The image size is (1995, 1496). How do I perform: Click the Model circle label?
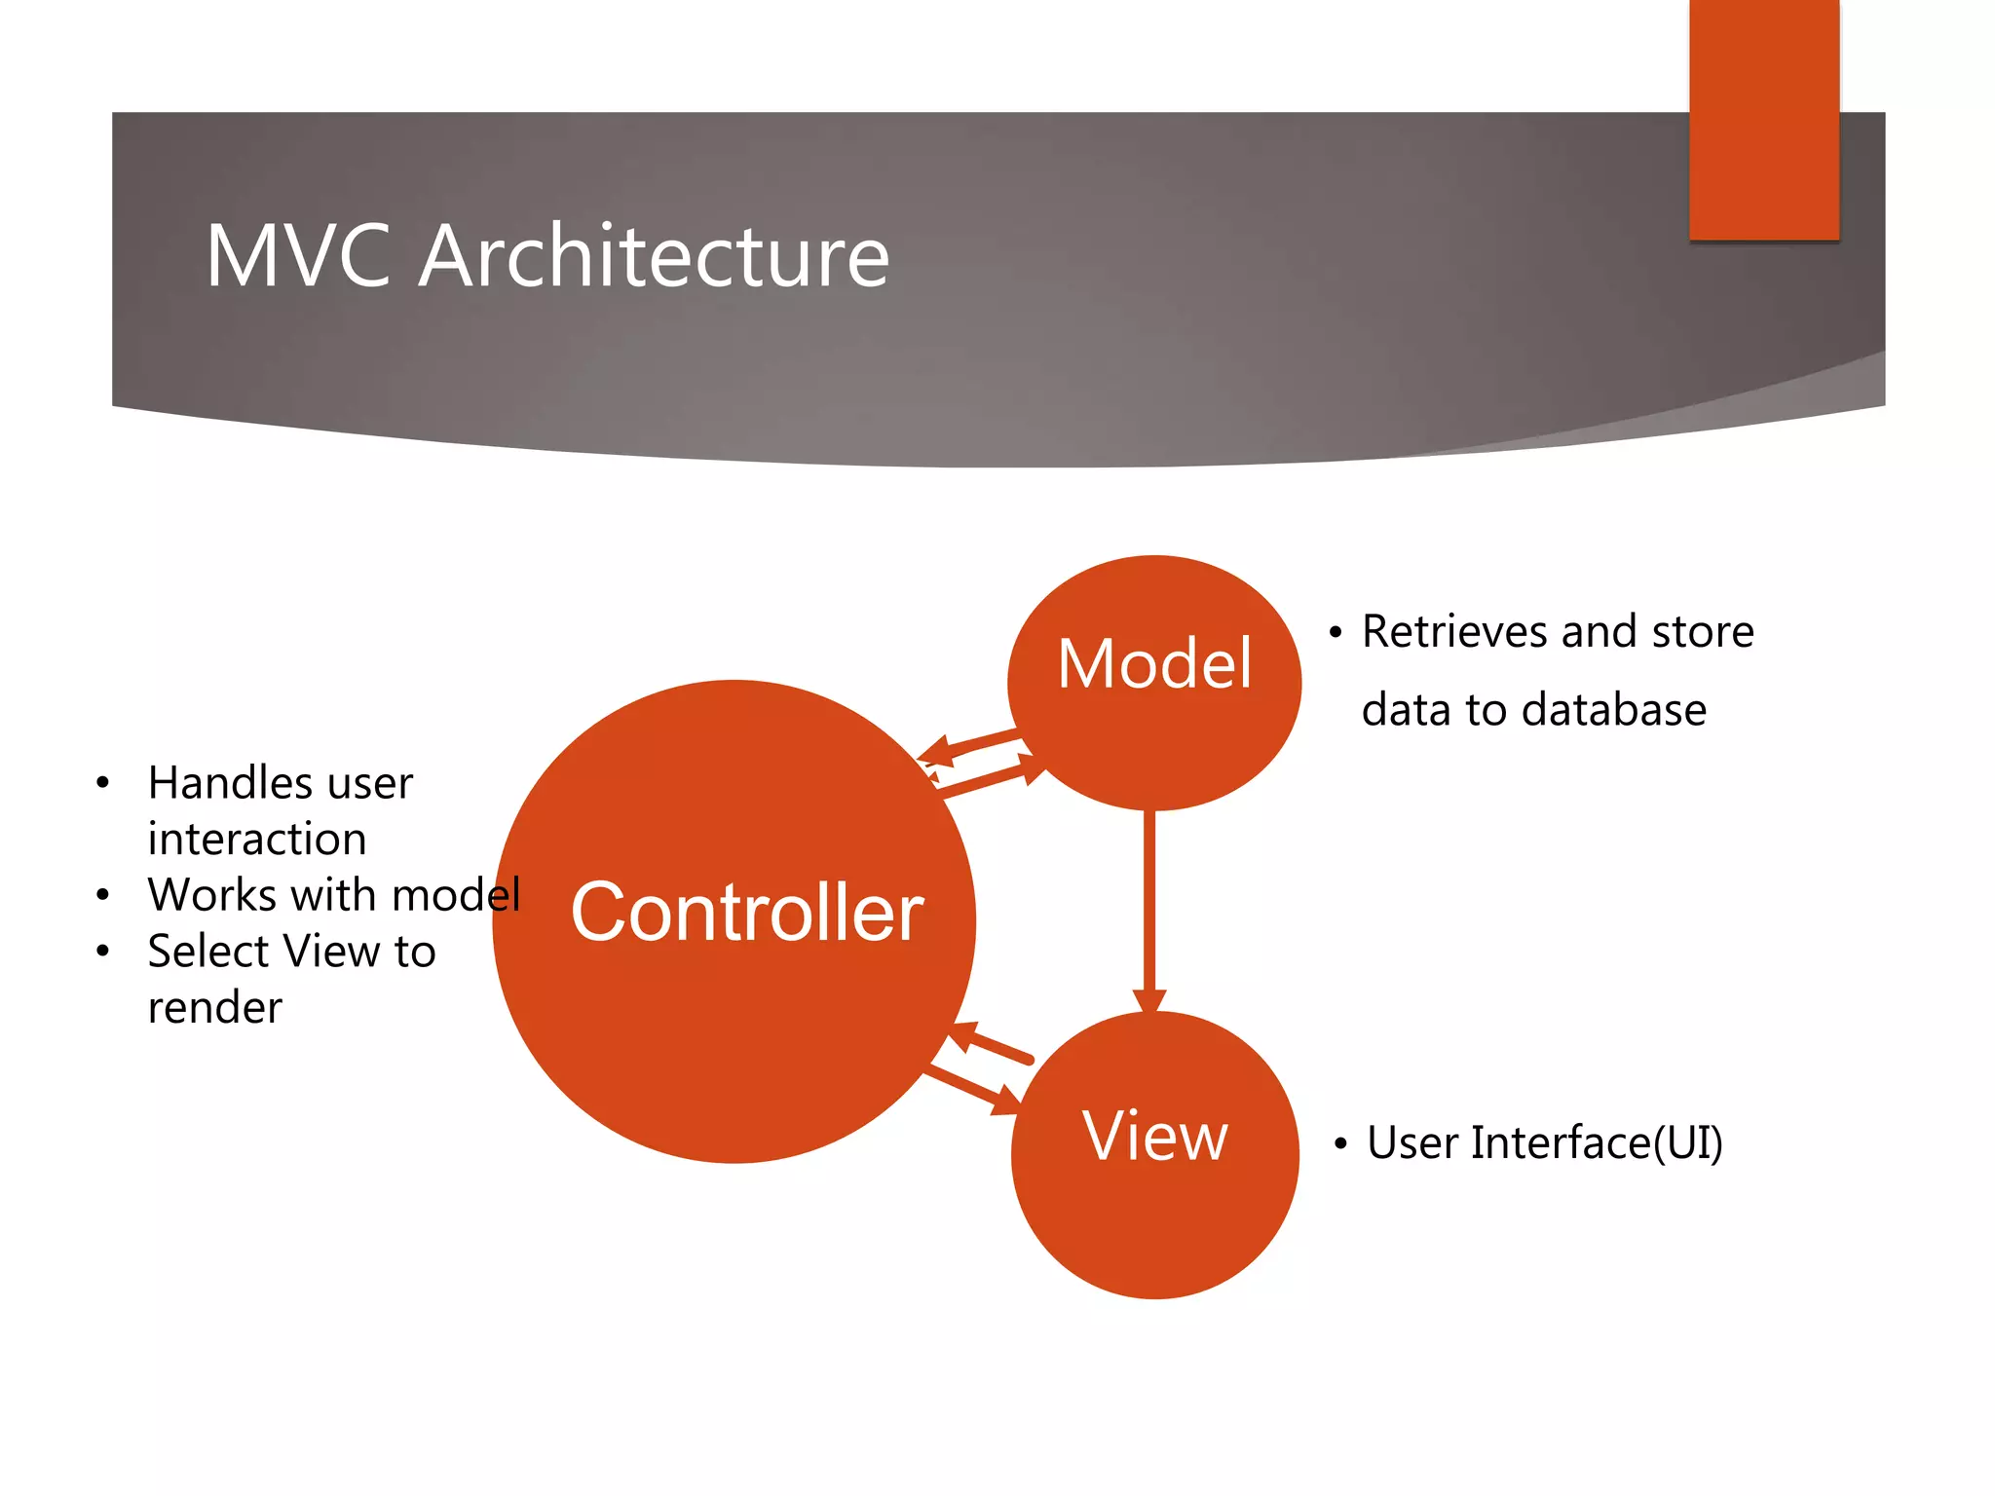[1154, 664]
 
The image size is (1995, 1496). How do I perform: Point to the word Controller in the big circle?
[746, 913]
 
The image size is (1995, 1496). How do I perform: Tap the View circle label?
[1154, 1136]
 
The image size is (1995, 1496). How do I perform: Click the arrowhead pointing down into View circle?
[1149, 1001]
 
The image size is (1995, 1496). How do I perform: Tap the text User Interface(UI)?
[1544, 1142]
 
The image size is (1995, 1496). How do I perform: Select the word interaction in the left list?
[257, 840]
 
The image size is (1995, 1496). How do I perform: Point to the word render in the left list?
[214, 1008]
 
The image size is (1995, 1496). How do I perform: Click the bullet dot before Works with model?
[102, 895]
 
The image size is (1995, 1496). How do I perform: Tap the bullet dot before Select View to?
[102, 952]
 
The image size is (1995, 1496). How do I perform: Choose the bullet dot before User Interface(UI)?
[1340, 1144]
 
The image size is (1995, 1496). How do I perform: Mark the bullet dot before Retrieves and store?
[1336, 633]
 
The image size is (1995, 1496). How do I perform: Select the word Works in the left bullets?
[207, 895]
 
